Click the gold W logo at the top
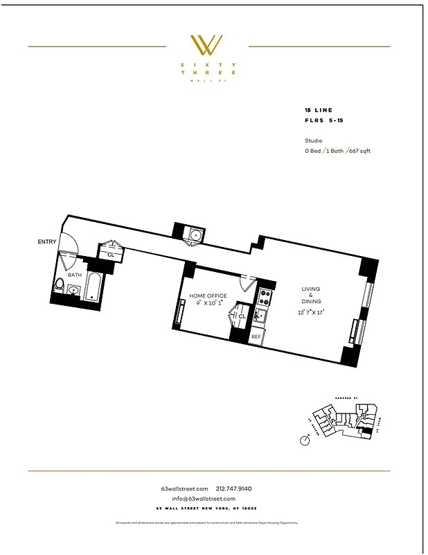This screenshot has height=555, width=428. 206,45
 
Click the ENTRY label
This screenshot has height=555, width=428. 47,241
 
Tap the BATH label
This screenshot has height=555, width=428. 74,275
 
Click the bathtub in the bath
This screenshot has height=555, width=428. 93,287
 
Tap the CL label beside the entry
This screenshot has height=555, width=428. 111,255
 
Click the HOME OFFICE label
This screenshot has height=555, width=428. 208,296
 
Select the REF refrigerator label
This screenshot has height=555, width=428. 256,336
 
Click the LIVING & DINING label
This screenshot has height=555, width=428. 310,296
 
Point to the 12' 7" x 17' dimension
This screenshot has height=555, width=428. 310,312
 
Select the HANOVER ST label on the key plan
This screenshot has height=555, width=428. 344,398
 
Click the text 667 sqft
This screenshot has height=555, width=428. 359,151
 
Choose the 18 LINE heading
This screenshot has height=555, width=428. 319,110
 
